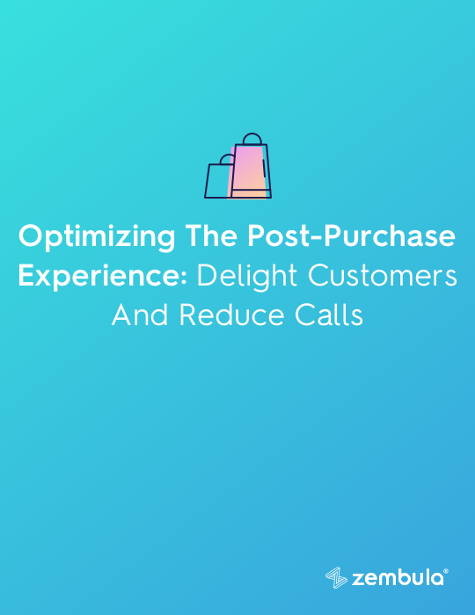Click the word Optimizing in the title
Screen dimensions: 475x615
(x=97, y=237)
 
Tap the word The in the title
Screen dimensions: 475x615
(x=211, y=235)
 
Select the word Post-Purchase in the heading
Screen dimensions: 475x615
(x=351, y=235)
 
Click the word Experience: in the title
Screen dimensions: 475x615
(x=102, y=277)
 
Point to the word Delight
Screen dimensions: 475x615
(x=247, y=277)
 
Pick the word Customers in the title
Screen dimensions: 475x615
(x=383, y=275)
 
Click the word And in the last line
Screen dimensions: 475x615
(x=140, y=315)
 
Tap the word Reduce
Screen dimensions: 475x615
(x=231, y=315)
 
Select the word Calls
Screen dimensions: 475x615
(x=329, y=315)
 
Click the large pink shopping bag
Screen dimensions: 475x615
(x=251, y=171)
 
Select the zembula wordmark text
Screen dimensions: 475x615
(x=398, y=578)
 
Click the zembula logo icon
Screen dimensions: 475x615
(x=336, y=577)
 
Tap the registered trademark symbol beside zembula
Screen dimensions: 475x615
(x=446, y=571)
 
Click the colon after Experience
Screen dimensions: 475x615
(x=184, y=278)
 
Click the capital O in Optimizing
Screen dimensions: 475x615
(x=32, y=235)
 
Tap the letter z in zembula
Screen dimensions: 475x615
(x=358, y=580)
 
